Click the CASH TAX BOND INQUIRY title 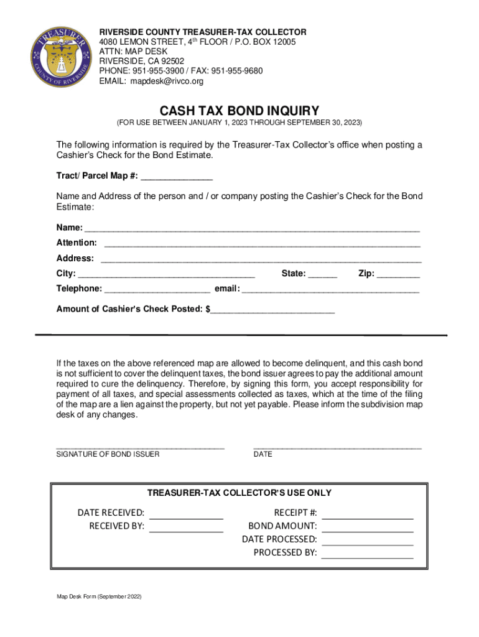coord(240,111)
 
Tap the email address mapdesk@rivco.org coord(166,81)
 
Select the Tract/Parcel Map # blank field coord(177,176)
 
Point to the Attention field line coord(262,243)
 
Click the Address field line coord(261,258)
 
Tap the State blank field coord(322,274)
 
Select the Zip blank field coord(398,274)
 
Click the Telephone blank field coord(157,289)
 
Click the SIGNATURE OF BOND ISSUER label coord(108,454)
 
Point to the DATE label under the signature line coord(263,454)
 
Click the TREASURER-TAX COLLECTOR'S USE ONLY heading coord(240,493)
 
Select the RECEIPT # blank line coord(367,514)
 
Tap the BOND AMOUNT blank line coord(367,528)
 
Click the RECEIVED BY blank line coord(186,528)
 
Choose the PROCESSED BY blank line coord(367,554)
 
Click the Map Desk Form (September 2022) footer coord(99,597)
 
